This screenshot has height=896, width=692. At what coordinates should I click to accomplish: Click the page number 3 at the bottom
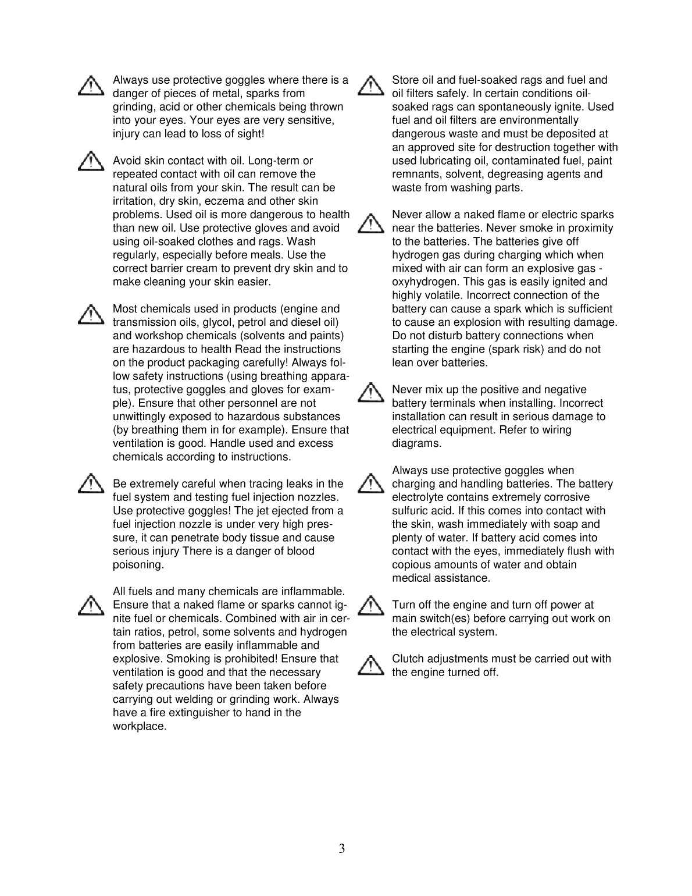pos(342,849)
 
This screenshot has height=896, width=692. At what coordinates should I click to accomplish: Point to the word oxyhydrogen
pos(418,282)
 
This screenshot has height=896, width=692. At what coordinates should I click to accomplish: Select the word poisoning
pos(138,565)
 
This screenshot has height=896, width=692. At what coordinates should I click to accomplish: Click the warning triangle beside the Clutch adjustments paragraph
pos(370,665)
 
